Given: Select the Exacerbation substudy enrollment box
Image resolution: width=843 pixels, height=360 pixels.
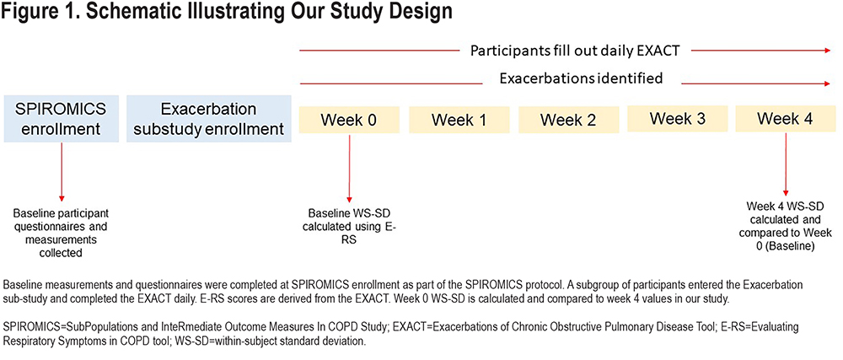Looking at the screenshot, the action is coord(209,119).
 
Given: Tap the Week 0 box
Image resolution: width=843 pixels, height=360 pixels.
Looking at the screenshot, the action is coord(350,120).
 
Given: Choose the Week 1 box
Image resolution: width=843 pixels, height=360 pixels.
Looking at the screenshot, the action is coord(459,120).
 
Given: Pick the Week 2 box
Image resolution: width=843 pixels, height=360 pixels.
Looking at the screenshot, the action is coord(568,120).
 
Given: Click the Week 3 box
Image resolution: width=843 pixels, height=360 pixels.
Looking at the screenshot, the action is coord(678,119).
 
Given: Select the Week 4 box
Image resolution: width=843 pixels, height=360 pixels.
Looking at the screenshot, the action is coord(786,119).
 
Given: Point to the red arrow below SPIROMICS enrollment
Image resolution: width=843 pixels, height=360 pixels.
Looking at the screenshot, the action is coord(62,172).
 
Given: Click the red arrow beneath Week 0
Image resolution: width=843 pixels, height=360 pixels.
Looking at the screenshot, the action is coord(350,168).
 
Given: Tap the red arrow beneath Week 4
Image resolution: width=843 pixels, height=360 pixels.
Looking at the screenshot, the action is coord(786,164).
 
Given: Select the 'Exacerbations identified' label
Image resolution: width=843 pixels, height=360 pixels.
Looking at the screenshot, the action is coord(581,79).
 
